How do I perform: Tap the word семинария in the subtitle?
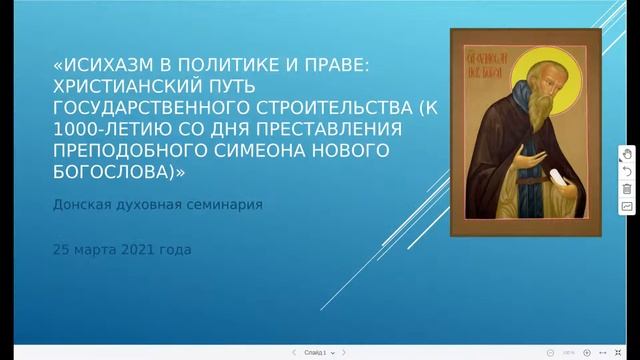pyautogui.click(x=224, y=204)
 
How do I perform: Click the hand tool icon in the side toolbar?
pyautogui.click(x=627, y=154)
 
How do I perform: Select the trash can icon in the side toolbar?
pyautogui.click(x=627, y=189)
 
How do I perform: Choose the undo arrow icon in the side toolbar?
pyautogui.click(x=627, y=172)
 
